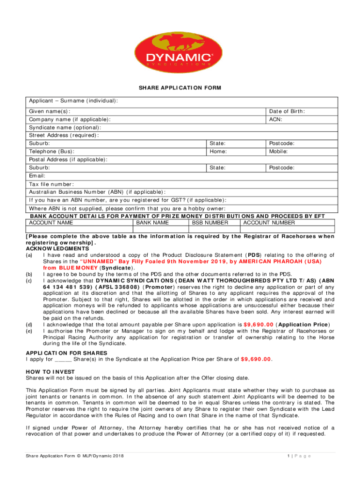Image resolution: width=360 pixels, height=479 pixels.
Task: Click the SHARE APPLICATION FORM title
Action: click(180, 87)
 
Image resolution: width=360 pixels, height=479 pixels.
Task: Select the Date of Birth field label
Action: click(287, 111)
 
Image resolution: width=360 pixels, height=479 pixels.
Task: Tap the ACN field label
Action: click(275, 119)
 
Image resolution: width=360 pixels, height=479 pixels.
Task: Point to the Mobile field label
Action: click(278, 152)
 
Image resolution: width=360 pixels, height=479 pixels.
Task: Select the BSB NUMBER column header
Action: click(210, 223)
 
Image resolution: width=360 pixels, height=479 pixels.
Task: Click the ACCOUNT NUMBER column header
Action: click(269, 223)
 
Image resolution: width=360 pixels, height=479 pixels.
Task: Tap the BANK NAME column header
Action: click(152, 223)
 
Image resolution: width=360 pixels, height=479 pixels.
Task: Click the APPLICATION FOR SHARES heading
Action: click(66, 353)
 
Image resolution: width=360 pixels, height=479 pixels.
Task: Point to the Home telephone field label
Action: click(218, 152)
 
